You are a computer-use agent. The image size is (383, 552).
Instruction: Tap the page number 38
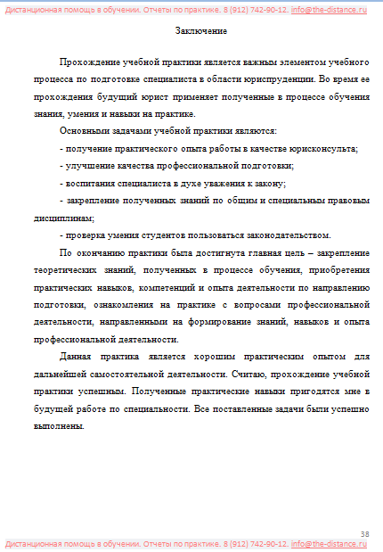click(x=364, y=532)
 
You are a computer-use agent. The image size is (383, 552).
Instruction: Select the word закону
click(x=267, y=183)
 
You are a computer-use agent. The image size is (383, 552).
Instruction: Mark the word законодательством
click(x=286, y=235)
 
